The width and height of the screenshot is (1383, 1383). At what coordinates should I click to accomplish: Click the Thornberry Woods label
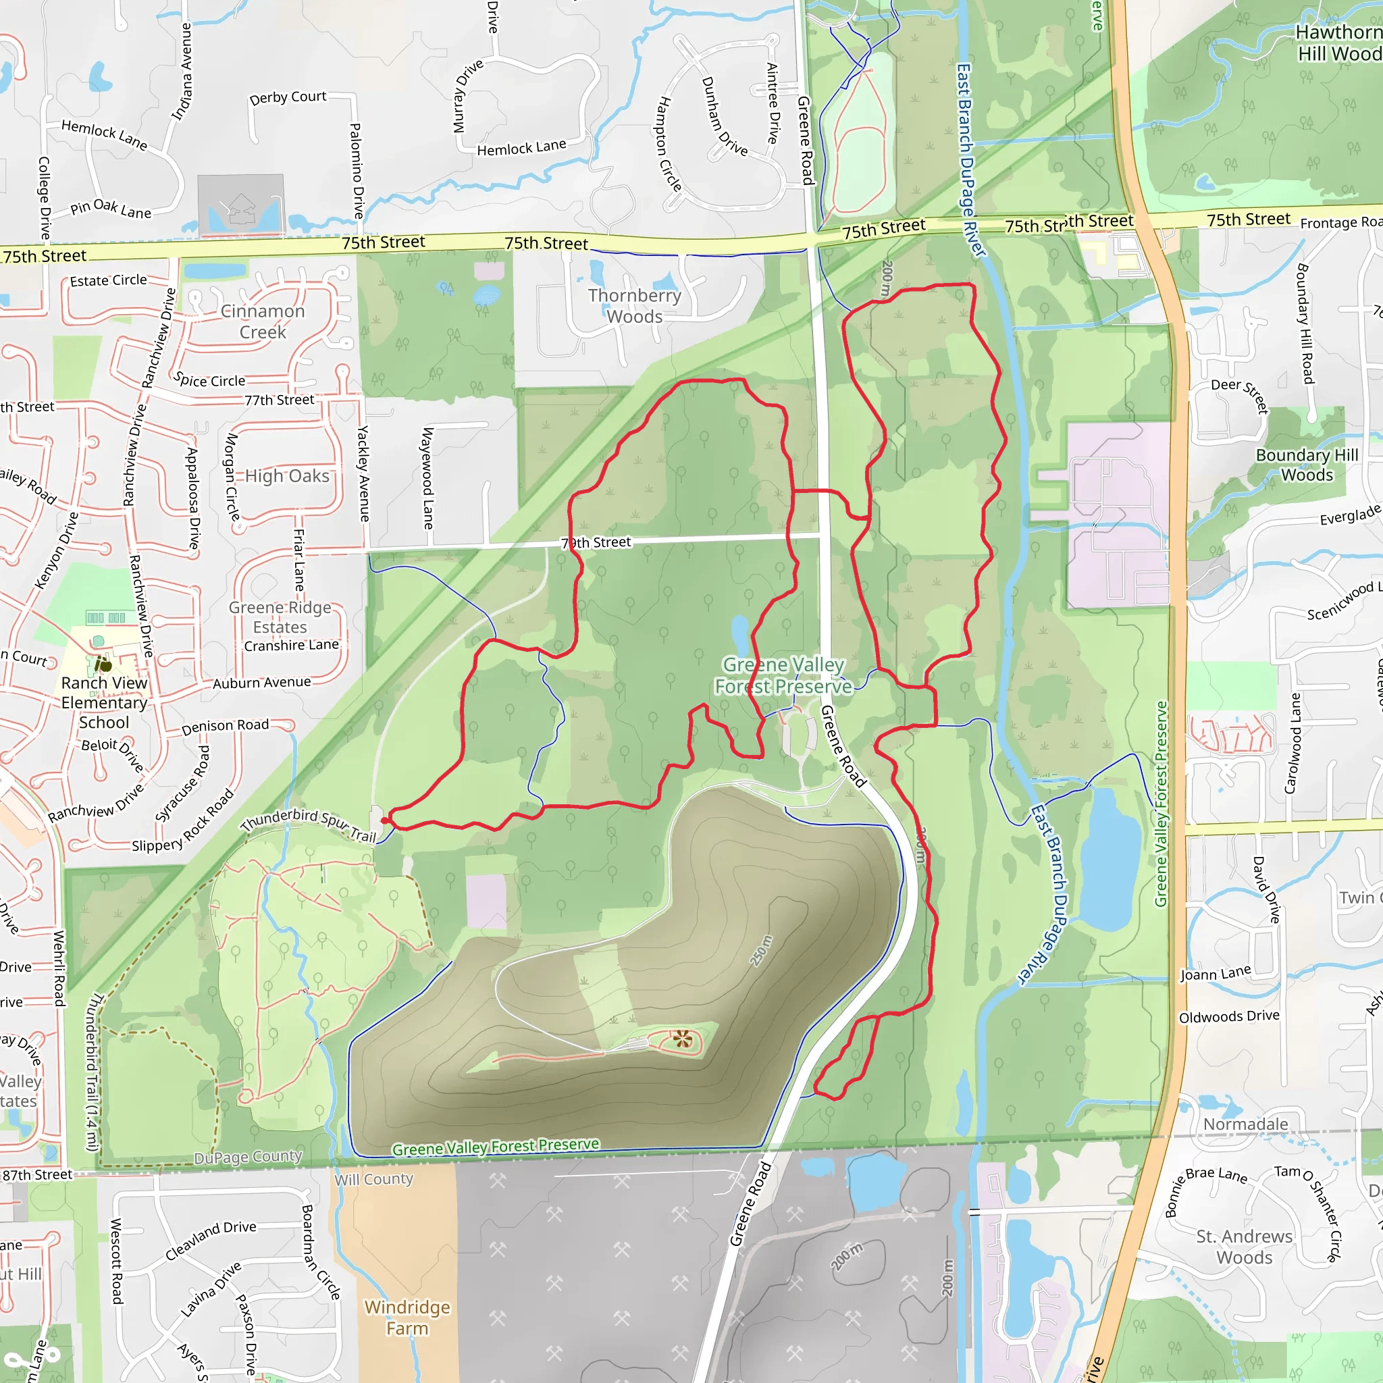(x=634, y=306)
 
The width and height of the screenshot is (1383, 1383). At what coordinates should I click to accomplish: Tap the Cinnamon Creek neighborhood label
(x=263, y=321)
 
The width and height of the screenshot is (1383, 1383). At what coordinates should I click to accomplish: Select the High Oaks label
(x=287, y=476)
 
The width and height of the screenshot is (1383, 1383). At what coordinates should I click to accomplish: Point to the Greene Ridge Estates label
(x=280, y=617)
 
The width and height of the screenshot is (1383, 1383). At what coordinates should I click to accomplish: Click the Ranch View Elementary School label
(x=105, y=702)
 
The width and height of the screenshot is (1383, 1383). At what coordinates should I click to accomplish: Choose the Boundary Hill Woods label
(x=1307, y=465)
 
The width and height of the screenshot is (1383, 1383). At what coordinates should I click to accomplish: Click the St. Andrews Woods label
(x=1244, y=1247)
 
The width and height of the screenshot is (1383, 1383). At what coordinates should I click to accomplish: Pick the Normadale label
(x=1245, y=1124)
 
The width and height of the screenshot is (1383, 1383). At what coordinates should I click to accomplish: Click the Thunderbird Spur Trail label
(x=308, y=825)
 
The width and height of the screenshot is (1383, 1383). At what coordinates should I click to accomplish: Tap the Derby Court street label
(x=288, y=97)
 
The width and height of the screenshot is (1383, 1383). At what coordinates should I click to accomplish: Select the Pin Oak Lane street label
(x=111, y=208)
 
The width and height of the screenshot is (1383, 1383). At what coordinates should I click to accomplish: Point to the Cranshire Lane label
(x=291, y=645)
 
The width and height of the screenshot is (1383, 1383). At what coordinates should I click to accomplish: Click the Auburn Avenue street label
(x=261, y=683)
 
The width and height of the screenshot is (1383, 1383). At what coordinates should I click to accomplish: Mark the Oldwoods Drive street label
(x=1228, y=1016)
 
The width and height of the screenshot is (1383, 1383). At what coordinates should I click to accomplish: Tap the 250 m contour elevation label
(x=761, y=950)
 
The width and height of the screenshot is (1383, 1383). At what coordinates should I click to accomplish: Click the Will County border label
(x=373, y=1179)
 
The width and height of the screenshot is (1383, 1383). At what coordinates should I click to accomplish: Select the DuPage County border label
(x=248, y=1157)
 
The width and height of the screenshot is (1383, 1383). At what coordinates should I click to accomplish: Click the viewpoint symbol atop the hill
(x=682, y=1038)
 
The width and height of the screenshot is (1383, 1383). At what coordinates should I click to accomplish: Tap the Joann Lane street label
(x=1216, y=974)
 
